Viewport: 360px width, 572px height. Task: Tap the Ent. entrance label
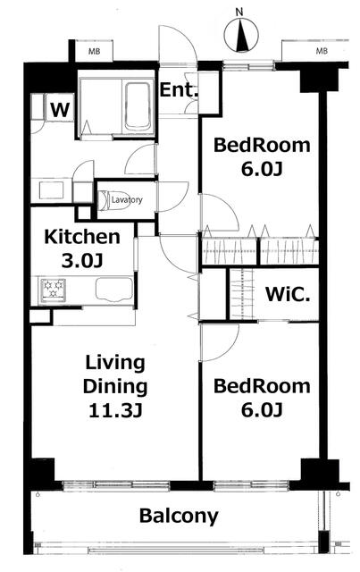(x=179, y=90)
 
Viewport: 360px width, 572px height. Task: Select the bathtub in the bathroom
(x=138, y=106)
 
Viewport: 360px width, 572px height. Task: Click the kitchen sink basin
(x=114, y=289)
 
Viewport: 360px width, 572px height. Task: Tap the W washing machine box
(x=60, y=109)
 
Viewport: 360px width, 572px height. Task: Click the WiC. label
(x=288, y=294)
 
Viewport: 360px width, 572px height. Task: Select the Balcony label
(x=179, y=517)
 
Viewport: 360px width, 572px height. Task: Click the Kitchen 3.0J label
(x=82, y=248)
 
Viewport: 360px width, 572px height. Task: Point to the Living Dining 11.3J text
(x=115, y=386)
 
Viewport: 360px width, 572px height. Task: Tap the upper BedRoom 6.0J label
(x=262, y=157)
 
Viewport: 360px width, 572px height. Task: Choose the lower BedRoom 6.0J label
(x=262, y=398)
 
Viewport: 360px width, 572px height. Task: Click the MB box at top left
(x=94, y=51)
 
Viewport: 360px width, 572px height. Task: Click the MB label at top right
(x=322, y=51)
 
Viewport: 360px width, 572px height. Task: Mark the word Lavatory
(x=127, y=200)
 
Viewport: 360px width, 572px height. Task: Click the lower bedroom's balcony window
(x=252, y=485)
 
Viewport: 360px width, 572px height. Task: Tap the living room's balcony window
(x=115, y=484)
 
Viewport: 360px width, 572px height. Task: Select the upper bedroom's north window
(x=248, y=65)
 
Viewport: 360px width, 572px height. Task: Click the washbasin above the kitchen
(x=51, y=190)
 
